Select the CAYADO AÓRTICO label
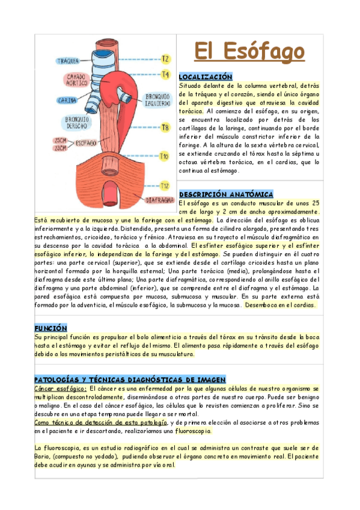[76, 79]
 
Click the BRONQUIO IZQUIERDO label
[158, 99]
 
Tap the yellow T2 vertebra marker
[166, 59]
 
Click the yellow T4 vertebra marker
[166, 75]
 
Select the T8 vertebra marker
[165, 127]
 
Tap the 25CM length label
[60, 140]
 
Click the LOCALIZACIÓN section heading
[205, 77]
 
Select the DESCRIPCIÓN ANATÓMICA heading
[226, 194]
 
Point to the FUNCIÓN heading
[50, 328]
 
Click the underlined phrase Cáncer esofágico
[60, 389]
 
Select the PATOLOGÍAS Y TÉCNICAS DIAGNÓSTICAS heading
[130, 380]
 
